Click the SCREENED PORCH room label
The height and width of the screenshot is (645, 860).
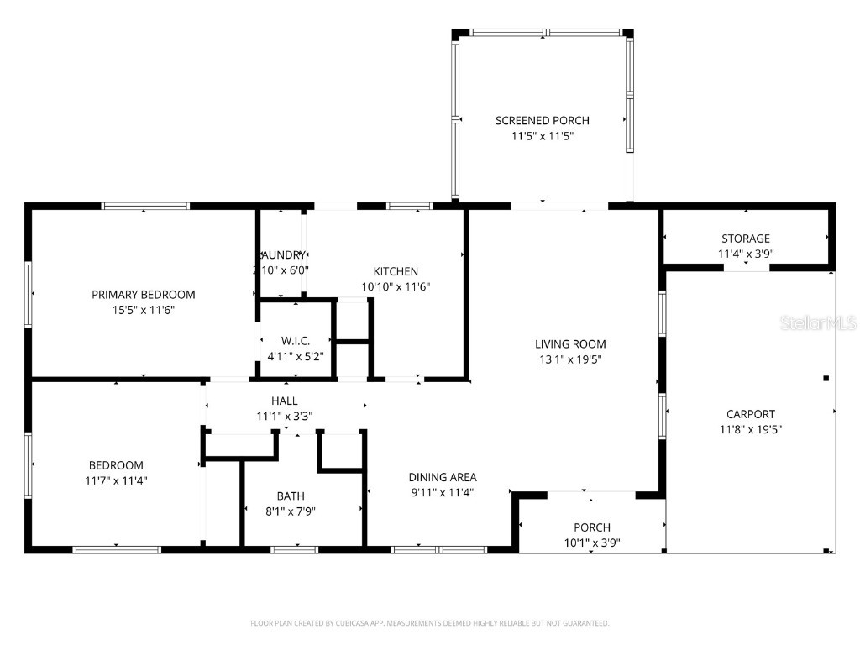pyautogui.click(x=542, y=120)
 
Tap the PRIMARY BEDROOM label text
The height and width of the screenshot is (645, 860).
pyautogui.click(x=144, y=294)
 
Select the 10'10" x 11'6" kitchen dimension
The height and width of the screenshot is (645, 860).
pyautogui.click(x=396, y=286)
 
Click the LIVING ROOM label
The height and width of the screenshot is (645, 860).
pyautogui.click(x=570, y=343)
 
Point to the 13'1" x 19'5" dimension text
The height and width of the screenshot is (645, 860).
pyautogui.click(x=570, y=359)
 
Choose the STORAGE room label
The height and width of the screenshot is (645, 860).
pyautogui.click(x=745, y=239)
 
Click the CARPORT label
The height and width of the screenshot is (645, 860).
pyautogui.click(x=750, y=413)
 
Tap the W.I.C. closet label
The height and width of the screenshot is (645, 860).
pyautogui.click(x=296, y=340)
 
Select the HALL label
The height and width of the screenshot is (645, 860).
pyautogui.click(x=284, y=401)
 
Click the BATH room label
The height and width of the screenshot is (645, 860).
pyautogui.click(x=291, y=496)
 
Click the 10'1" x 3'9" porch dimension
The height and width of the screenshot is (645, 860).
pyautogui.click(x=592, y=543)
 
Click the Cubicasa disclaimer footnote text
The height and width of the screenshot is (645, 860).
pyautogui.click(x=429, y=623)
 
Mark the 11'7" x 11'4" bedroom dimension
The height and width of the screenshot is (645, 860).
pyautogui.click(x=116, y=480)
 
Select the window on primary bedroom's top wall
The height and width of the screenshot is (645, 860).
pyautogui.click(x=145, y=206)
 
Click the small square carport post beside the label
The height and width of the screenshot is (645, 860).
pyautogui.click(x=826, y=378)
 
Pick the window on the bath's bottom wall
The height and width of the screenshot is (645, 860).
pyautogui.click(x=294, y=550)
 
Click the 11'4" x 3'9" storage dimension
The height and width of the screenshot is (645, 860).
pyautogui.click(x=745, y=254)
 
